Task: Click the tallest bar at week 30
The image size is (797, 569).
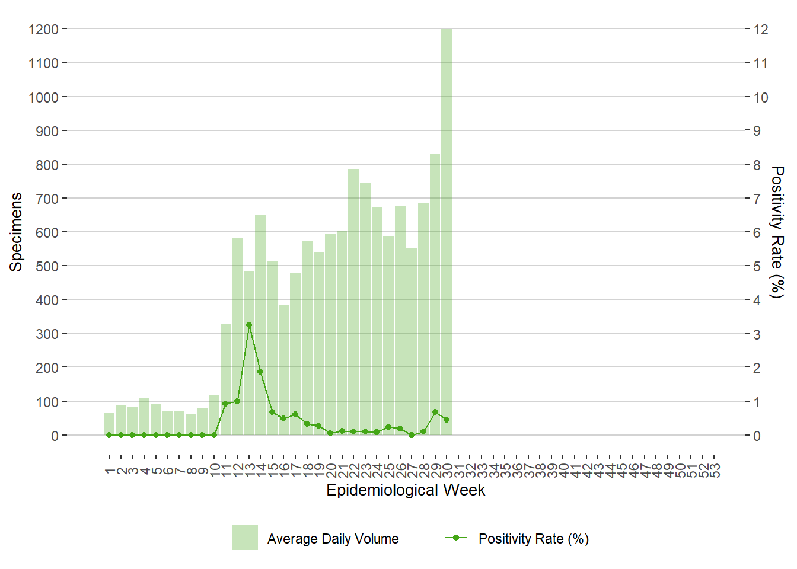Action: tap(447, 231)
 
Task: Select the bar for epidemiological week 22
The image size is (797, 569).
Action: tap(353, 302)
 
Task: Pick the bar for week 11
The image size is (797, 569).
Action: tap(225, 379)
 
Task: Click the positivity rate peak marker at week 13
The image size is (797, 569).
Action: tap(249, 325)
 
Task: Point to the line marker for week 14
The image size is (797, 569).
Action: tap(260, 372)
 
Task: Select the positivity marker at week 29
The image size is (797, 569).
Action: tap(435, 412)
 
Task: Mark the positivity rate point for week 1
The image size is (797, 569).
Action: tap(109, 435)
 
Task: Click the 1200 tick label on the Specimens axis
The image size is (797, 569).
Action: tap(43, 29)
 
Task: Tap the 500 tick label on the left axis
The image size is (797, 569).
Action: tap(47, 266)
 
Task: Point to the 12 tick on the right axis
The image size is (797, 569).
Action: tap(760, 29)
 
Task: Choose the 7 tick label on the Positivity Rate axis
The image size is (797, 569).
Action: tap(757, 199)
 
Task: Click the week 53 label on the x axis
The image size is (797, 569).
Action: tap(715, 470)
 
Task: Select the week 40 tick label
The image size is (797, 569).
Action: tap(563, 470)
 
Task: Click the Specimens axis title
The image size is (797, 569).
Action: tap(16, 232)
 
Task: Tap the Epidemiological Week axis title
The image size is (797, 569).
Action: tap(406, 490)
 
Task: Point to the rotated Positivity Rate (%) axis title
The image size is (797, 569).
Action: tap(777, 232)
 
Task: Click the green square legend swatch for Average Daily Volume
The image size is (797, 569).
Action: tap(245, 538)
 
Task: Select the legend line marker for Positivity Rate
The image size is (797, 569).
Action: tap(456, 538)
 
